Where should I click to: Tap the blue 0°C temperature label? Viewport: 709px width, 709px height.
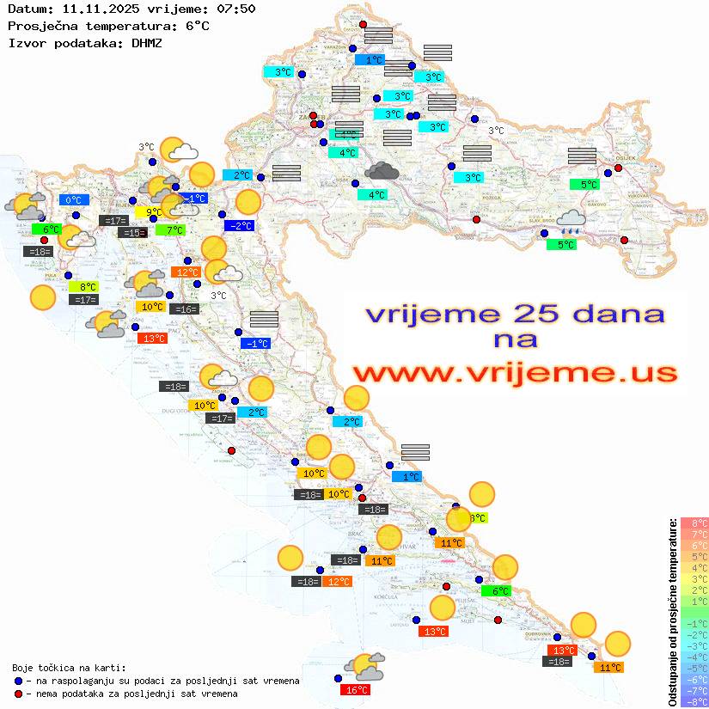74,200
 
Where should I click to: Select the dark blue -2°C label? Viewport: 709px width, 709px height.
239,226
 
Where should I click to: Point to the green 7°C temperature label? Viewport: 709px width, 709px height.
170,229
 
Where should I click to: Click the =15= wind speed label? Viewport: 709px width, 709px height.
132,233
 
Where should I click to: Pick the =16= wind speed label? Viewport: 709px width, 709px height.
184,309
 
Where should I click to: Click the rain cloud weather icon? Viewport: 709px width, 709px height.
571,223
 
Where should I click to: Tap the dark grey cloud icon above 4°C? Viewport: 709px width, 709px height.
382,171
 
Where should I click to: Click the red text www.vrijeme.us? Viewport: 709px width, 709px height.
514,373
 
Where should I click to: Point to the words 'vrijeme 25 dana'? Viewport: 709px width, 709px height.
514,314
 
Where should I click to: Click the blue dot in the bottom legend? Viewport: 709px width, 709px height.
18,681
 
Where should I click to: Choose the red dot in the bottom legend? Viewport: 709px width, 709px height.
18,694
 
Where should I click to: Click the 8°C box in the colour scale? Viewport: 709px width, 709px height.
694,523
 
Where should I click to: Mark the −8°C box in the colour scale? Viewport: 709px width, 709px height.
694,701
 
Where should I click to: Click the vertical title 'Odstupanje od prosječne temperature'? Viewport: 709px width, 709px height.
671,612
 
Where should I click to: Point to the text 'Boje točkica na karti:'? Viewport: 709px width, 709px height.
69,667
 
